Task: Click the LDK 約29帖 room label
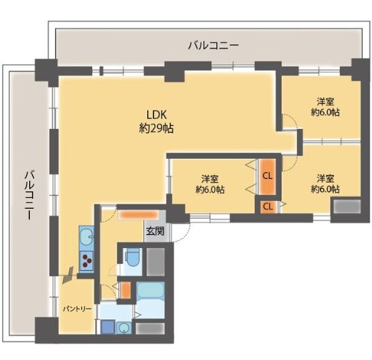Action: tap(156, 122)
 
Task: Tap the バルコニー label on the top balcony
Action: tap(213, 45)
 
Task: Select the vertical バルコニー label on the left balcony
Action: tap(29, 196)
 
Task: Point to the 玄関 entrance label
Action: tap(155, 231)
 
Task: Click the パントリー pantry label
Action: tap(77, 309)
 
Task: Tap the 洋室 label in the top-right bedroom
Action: tap(325, 101)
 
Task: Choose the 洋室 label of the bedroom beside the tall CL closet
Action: tap(209, 179)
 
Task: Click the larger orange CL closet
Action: tap(268, 177)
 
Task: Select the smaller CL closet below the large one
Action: tap(268, 206)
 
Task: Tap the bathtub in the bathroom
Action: tap(150, 291)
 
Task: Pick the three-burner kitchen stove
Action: tap(87, 261)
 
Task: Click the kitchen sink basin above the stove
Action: tap(87, 236)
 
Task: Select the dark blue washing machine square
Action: tap(107, 327)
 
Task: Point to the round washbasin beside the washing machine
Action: tap(124, 328)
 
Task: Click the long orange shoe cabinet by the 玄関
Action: tap(138, 214)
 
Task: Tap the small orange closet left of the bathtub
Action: tap(125, 290)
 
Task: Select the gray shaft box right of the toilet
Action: tap(155, 262)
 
